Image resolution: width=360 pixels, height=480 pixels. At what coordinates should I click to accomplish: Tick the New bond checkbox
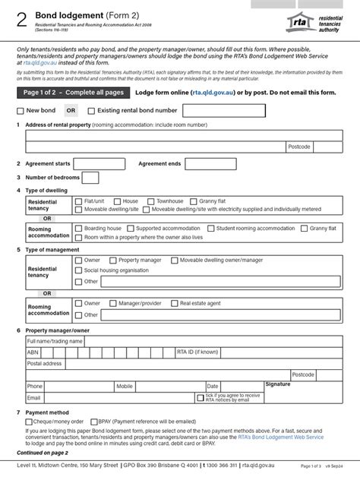(21, 111)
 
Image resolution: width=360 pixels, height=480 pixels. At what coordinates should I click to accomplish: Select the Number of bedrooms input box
(90, 178)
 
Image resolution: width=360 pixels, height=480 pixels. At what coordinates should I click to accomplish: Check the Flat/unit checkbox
(78, 201)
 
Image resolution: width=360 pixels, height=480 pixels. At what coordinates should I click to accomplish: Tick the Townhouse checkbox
(150, 201)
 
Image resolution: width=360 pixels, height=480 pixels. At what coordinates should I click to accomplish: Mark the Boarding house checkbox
(78, 228)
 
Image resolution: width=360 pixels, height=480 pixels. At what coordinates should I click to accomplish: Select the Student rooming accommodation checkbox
(210, 228)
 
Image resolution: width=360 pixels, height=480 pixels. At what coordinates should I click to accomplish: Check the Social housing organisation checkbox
(78, 270)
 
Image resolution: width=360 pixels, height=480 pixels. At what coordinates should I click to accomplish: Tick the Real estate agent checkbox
(174, 303)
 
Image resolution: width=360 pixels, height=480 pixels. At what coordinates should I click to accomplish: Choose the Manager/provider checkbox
(112, 303)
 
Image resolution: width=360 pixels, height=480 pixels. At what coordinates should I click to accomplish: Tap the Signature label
(278, 384)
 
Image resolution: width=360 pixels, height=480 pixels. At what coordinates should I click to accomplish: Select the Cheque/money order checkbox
(28, 421)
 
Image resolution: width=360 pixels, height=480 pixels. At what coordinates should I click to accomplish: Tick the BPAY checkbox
(93, 421)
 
